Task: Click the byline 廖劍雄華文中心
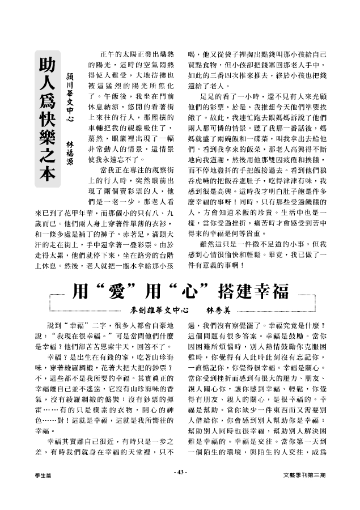tap(159, 311)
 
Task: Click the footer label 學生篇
tap(41, 473)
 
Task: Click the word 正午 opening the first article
tap(105, 53)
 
